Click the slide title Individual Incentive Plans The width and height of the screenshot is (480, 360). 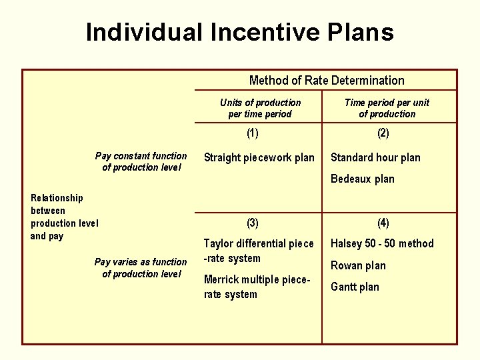tap(239, 32)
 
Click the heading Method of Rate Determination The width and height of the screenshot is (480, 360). tap(327, 81)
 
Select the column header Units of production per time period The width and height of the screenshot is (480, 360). tap(260, 108)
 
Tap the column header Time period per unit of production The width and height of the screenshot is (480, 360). tap(387, 108)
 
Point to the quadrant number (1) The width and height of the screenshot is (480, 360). tap(253, 133)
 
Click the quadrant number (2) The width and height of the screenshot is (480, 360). tap(383, 133)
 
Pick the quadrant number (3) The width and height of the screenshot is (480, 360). tap(253, 222)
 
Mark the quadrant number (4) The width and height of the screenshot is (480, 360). tap(383, 222)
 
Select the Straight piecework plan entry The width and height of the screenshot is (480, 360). tap(259, 158)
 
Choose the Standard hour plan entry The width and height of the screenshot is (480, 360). tap(375, 158)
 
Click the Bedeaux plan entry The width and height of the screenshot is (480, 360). tap(362, 179)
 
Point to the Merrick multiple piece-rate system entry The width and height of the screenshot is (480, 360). tap(257, 287)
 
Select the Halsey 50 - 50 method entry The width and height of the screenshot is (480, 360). tap(382, 244)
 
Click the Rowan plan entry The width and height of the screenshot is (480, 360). tap(358, 265)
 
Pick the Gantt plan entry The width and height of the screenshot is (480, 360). tap(355, 287)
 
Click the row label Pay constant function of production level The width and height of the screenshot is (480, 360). tap(141, 161)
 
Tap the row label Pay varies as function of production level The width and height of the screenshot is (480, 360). tap(141, 268)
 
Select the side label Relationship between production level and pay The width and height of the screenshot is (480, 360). tap(64, 217)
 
